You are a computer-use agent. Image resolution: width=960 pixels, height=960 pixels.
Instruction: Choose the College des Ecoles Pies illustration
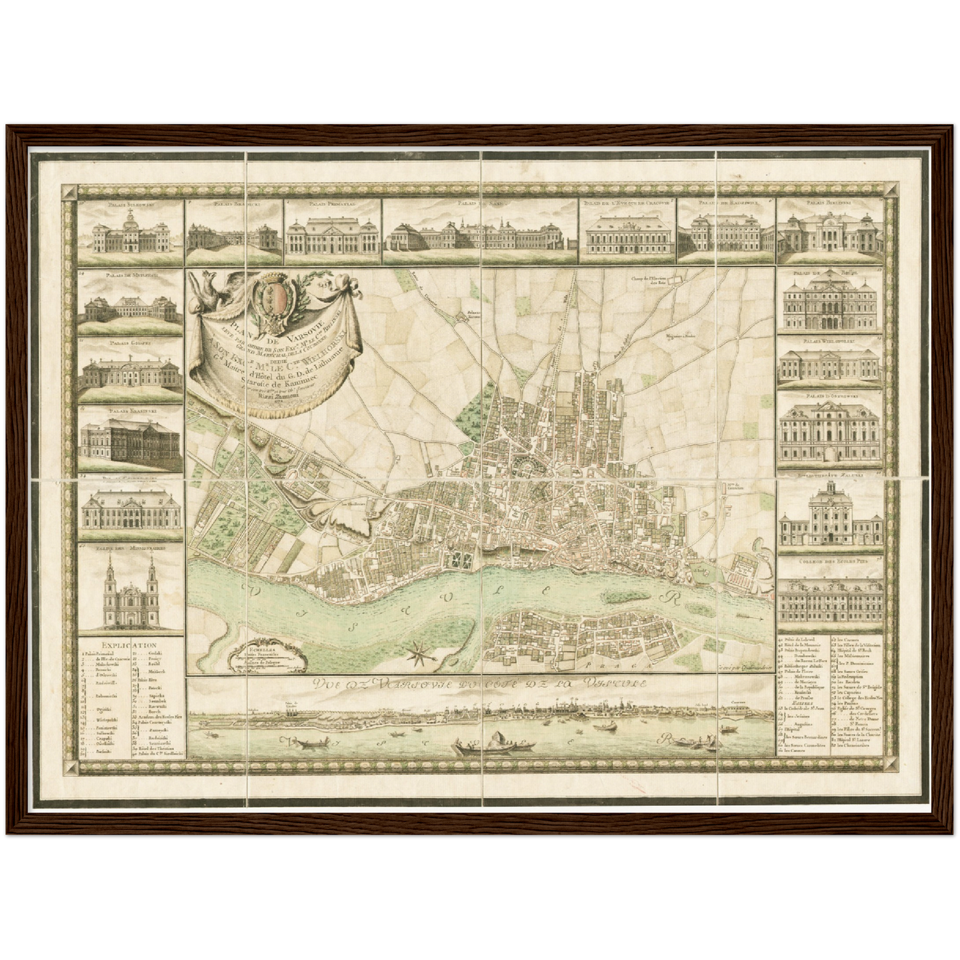(831, 599)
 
